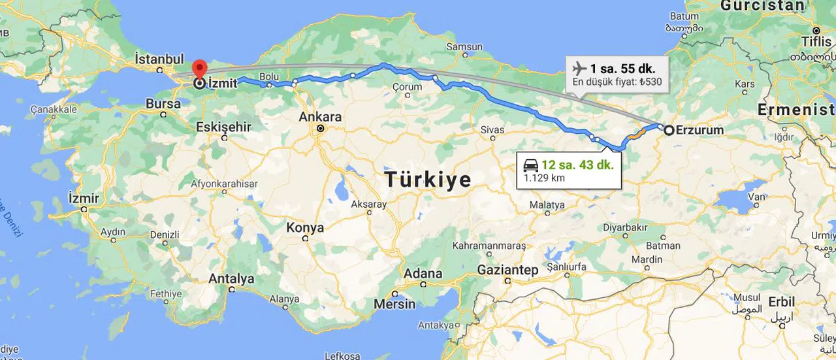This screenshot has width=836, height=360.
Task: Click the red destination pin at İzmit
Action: pos(199,69)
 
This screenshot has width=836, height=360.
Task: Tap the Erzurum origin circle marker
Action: pos(669,130)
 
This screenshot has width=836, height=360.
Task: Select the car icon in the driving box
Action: pos(531,165)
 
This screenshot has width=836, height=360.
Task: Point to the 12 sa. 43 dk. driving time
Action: pos(577,165)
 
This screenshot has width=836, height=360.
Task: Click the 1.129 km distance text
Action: pos(544,178)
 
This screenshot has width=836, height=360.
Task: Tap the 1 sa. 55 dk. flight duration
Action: pos(623,69)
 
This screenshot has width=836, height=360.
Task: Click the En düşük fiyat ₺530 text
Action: pos(617,82)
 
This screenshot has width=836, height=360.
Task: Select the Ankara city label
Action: pos(320,117)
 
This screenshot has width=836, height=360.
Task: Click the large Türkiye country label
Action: pos(428,180)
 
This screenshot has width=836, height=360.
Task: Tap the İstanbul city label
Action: pos(159,59)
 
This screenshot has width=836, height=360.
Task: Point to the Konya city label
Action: pos(305,228)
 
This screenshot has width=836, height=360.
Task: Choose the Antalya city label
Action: pos(231,279)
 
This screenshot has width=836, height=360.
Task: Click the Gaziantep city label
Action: pos(507,270)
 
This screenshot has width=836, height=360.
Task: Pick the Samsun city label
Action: pos(464,47)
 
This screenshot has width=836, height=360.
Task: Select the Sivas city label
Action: pos(492,130)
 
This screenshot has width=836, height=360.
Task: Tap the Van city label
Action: pos(756,197)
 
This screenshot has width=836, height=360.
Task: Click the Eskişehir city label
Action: pos(223,127)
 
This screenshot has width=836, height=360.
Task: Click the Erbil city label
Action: pos(781,303)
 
